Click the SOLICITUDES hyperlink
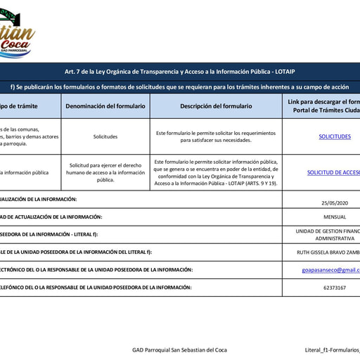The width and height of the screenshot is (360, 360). (335, 136)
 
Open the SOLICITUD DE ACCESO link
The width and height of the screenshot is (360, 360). (334, 172)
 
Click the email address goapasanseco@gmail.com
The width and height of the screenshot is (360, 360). (330, 269)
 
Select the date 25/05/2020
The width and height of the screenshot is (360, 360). (335, 202)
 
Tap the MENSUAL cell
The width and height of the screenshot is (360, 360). (335, 217)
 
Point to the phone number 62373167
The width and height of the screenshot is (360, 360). (335, 288)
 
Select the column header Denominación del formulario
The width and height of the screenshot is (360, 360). (105, 106)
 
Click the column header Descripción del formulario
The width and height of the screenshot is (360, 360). (216, 106)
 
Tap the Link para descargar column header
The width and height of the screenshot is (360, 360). (324, 106)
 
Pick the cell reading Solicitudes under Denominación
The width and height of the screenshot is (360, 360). (105, 136)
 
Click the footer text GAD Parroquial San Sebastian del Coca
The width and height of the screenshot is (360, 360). (179, 349)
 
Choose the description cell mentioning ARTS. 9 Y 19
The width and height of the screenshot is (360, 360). (216, 172)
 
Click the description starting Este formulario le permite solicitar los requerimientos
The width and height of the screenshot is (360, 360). (216, 136)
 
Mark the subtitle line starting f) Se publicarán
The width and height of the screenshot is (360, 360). (180, 86)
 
